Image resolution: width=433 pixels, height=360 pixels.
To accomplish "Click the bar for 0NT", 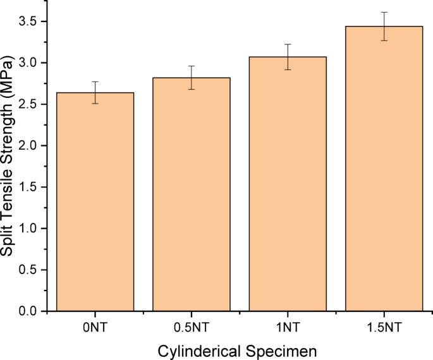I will point(95,202).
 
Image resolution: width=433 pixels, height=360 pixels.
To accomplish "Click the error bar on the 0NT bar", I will point(95,92).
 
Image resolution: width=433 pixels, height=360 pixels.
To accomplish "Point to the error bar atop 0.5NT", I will point(191,78).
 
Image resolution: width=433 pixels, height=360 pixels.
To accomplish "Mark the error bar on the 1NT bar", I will point(288,57).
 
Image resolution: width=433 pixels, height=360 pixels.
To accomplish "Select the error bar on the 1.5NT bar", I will point(384,26).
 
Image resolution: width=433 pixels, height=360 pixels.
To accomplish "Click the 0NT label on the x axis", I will point(95,327).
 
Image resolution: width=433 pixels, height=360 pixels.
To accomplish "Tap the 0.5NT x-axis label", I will point(191,327).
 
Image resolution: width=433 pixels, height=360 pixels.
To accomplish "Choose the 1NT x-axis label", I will point(288,327).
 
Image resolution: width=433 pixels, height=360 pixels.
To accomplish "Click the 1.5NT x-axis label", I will point(384,327).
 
